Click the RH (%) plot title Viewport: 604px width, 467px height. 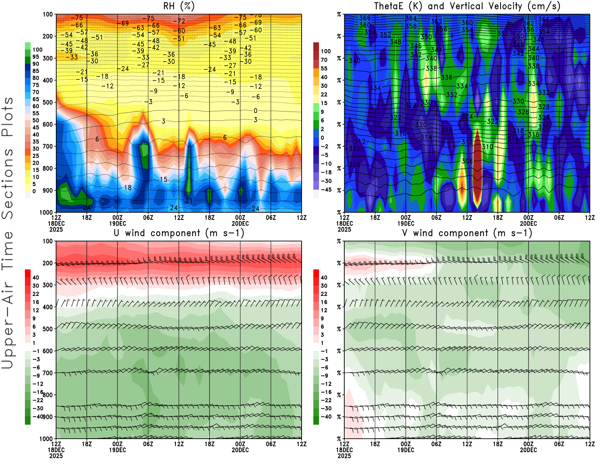(179, 6)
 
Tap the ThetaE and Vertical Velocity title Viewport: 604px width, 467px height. (467, 6)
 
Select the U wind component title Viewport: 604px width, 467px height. (179, 233)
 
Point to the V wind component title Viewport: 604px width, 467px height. (467, 233)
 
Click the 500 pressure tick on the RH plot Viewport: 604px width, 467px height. (48, 102)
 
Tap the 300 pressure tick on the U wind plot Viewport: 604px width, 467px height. (48, 285)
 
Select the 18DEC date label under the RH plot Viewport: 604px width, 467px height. (56, 223)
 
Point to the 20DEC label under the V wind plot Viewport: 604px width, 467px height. (528, 450)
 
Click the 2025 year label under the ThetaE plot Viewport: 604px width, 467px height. (344, 229)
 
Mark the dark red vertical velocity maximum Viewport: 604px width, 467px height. (477, 166)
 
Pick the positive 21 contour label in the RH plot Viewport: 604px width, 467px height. (189, 201)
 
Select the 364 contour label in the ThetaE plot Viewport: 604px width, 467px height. (411, 19)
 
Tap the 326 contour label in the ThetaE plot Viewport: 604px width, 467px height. (523, 112)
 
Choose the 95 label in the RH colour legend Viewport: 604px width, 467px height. (35, 57)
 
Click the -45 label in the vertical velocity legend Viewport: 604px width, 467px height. (325, 190)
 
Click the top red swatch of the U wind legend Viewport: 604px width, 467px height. (28, 273)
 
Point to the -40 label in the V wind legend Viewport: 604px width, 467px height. (325, 416)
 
